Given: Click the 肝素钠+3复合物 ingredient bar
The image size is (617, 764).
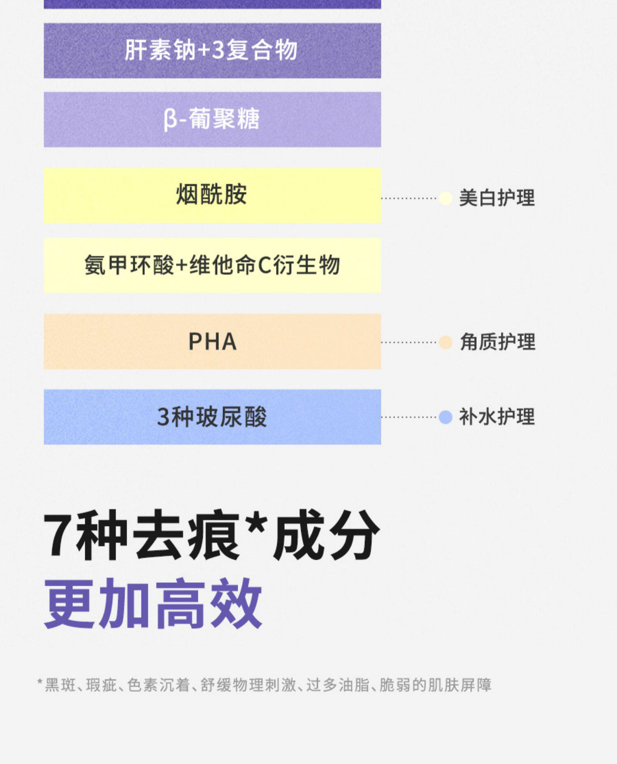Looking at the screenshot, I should pyautogui.click(x=212, y=50).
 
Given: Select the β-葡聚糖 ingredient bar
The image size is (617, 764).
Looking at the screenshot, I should pyautogui.click(x=212, y=119).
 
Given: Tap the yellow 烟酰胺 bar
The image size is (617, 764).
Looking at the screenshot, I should pyautogui.click(x=212, y=195).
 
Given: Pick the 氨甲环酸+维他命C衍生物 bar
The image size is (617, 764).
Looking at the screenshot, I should pyautogui.click(x=212, y=265).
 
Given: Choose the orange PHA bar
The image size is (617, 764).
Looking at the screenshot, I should pyautogui.click(x=212, y=341).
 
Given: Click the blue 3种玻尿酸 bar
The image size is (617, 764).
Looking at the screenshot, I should pyautogui.click(x=212, y=417).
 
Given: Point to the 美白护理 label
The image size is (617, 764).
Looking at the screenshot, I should pyautogui.click(x=497, y=198).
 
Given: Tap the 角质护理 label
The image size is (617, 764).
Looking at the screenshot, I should pyautogui.click(x=498, y=342).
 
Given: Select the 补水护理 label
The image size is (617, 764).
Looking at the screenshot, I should pyautogui.click(x=497, y=417).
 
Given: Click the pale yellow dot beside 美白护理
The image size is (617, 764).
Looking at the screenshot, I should pyautogui.click(x=445, y=198).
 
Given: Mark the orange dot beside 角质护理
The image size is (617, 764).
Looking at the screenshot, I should pyautogui.click(x=445, y=342).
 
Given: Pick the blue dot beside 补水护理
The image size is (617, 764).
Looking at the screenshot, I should pyautogui.click(x=445, y=417).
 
